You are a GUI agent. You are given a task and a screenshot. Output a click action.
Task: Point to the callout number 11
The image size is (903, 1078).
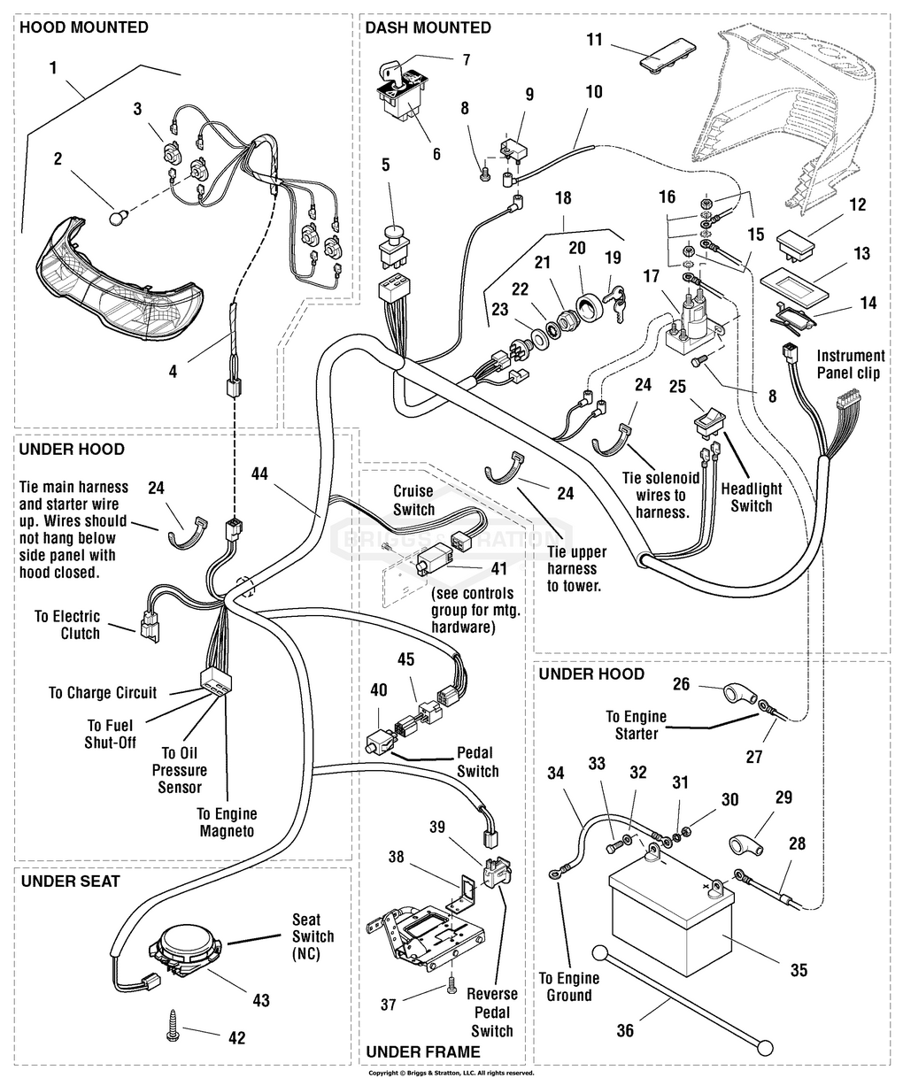(x=594, y=39)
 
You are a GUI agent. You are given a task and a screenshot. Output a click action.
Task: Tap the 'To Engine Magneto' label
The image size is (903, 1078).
(x=227, y=822)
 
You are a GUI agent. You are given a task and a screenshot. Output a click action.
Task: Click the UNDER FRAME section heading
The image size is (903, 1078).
(x=422, y=1051)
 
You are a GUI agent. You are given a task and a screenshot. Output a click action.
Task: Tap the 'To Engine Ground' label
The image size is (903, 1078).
(x=568, y=987)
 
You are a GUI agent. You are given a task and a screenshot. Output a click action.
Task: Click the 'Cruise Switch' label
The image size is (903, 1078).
(x=413, y=500)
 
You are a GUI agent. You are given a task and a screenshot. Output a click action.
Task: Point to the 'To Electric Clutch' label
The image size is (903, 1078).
(x=67, y=625)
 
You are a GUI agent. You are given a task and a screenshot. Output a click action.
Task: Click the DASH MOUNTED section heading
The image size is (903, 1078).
(x=428, y=27)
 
